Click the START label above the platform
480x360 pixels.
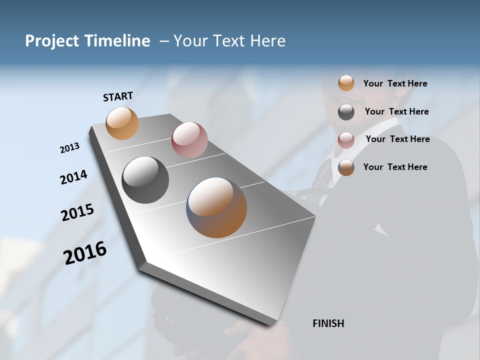pyautogui.click(x=118, y=96)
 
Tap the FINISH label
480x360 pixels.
pyautogui.click(x=328, y=323)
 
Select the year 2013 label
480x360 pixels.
pyautogui.click(x=69, y=148)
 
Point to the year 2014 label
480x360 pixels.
pyautogui.click(x=73, y=177)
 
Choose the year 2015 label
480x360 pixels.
pyautogui.click(x=77, y=212)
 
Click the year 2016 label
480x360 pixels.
pyautogui.click(x=85, y=252)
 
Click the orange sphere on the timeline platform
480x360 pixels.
pyautogui.click(x=122, y=123)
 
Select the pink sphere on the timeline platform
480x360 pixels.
pyautogui.click(x=189, y=140)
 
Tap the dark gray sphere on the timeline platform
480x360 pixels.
pyautogui.click(x=145, y=180)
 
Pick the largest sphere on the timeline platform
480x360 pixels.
pyautogui.click(x=216, y=207)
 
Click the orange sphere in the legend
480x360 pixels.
pyautogui.click(x=346, y=83)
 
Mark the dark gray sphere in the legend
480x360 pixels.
pyautogui.click(x=346, y=112)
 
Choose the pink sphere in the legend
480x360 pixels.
pyautogui.click(x=346, y=140)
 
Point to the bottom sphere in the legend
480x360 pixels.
pyautogui.click(x=346, y=167)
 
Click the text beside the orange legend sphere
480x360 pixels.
pyautogui.click(x=395, y=83)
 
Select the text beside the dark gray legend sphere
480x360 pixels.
pyautogui.click(x=396, y=111)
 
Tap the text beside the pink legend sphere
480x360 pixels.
pyautogui.click(x=397, y=139)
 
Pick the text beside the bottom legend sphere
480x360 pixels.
pyautogui.click(x=395, y=167)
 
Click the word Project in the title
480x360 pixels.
pyautogui.click(x=52, y=41)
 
